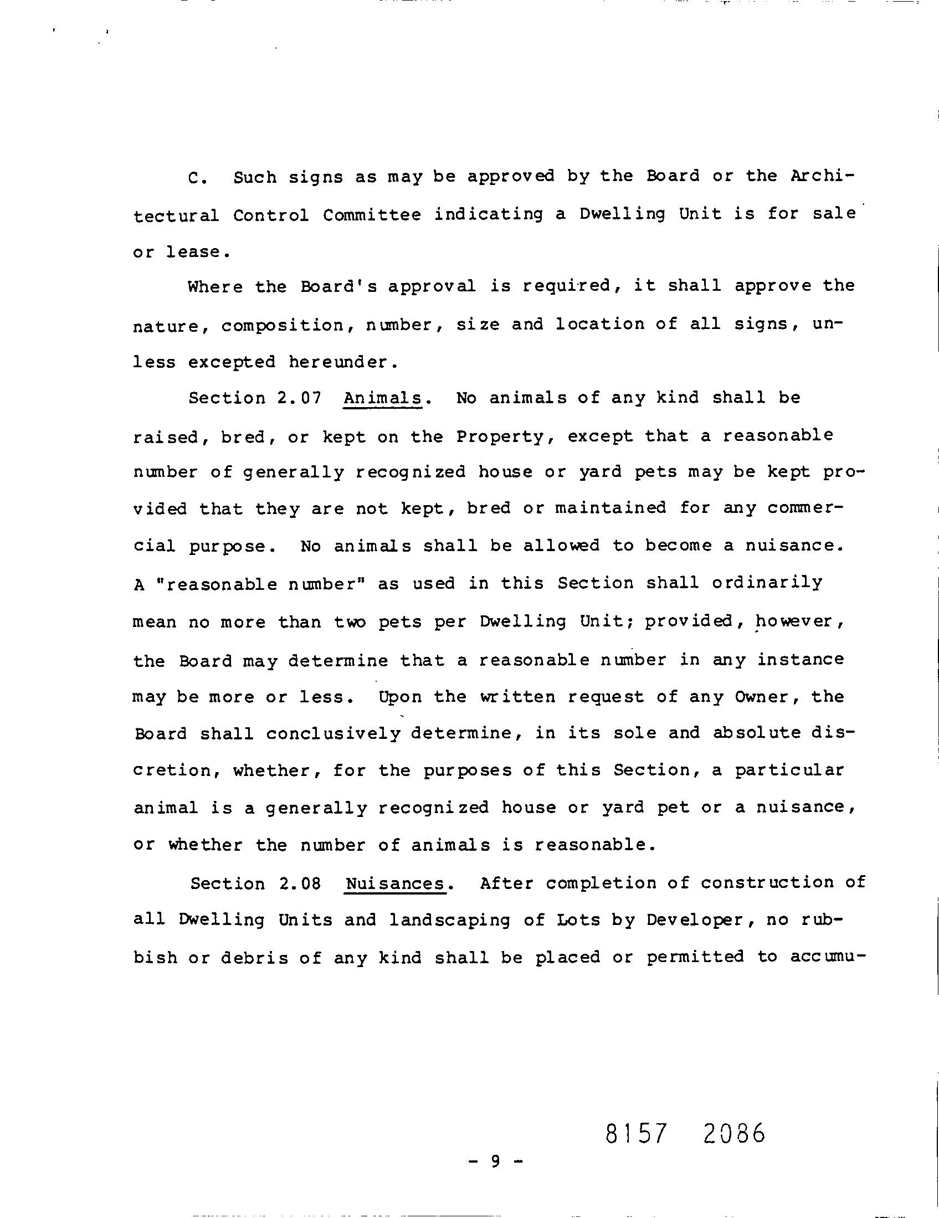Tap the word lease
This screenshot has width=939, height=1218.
tap(198, 252)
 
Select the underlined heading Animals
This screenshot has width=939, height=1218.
tap(382, 398)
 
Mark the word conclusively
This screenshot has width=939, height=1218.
tap(333, 734)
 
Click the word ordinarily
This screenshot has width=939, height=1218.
tap(767, 583)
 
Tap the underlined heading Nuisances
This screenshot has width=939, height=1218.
tap(395, 883)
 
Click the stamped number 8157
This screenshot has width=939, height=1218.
tap(636, 1133)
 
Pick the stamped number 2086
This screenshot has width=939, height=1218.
tap(734, 1133)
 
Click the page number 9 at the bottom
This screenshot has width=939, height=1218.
tap(495, 1161)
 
